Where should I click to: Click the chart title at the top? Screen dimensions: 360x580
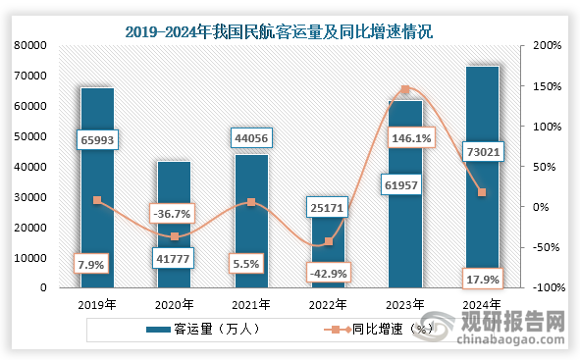pos(290,31)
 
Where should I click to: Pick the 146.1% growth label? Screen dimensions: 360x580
pos(411,139)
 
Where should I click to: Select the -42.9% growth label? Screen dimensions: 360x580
pos(328,273)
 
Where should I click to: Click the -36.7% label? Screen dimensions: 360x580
pos(172,213)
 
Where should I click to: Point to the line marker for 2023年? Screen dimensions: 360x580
pos(405,90)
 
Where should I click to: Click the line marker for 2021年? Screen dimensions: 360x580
pos(251,202)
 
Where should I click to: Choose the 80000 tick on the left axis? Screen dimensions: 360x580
pos(31,45)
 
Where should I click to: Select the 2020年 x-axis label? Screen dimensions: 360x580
pos(174,304)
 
